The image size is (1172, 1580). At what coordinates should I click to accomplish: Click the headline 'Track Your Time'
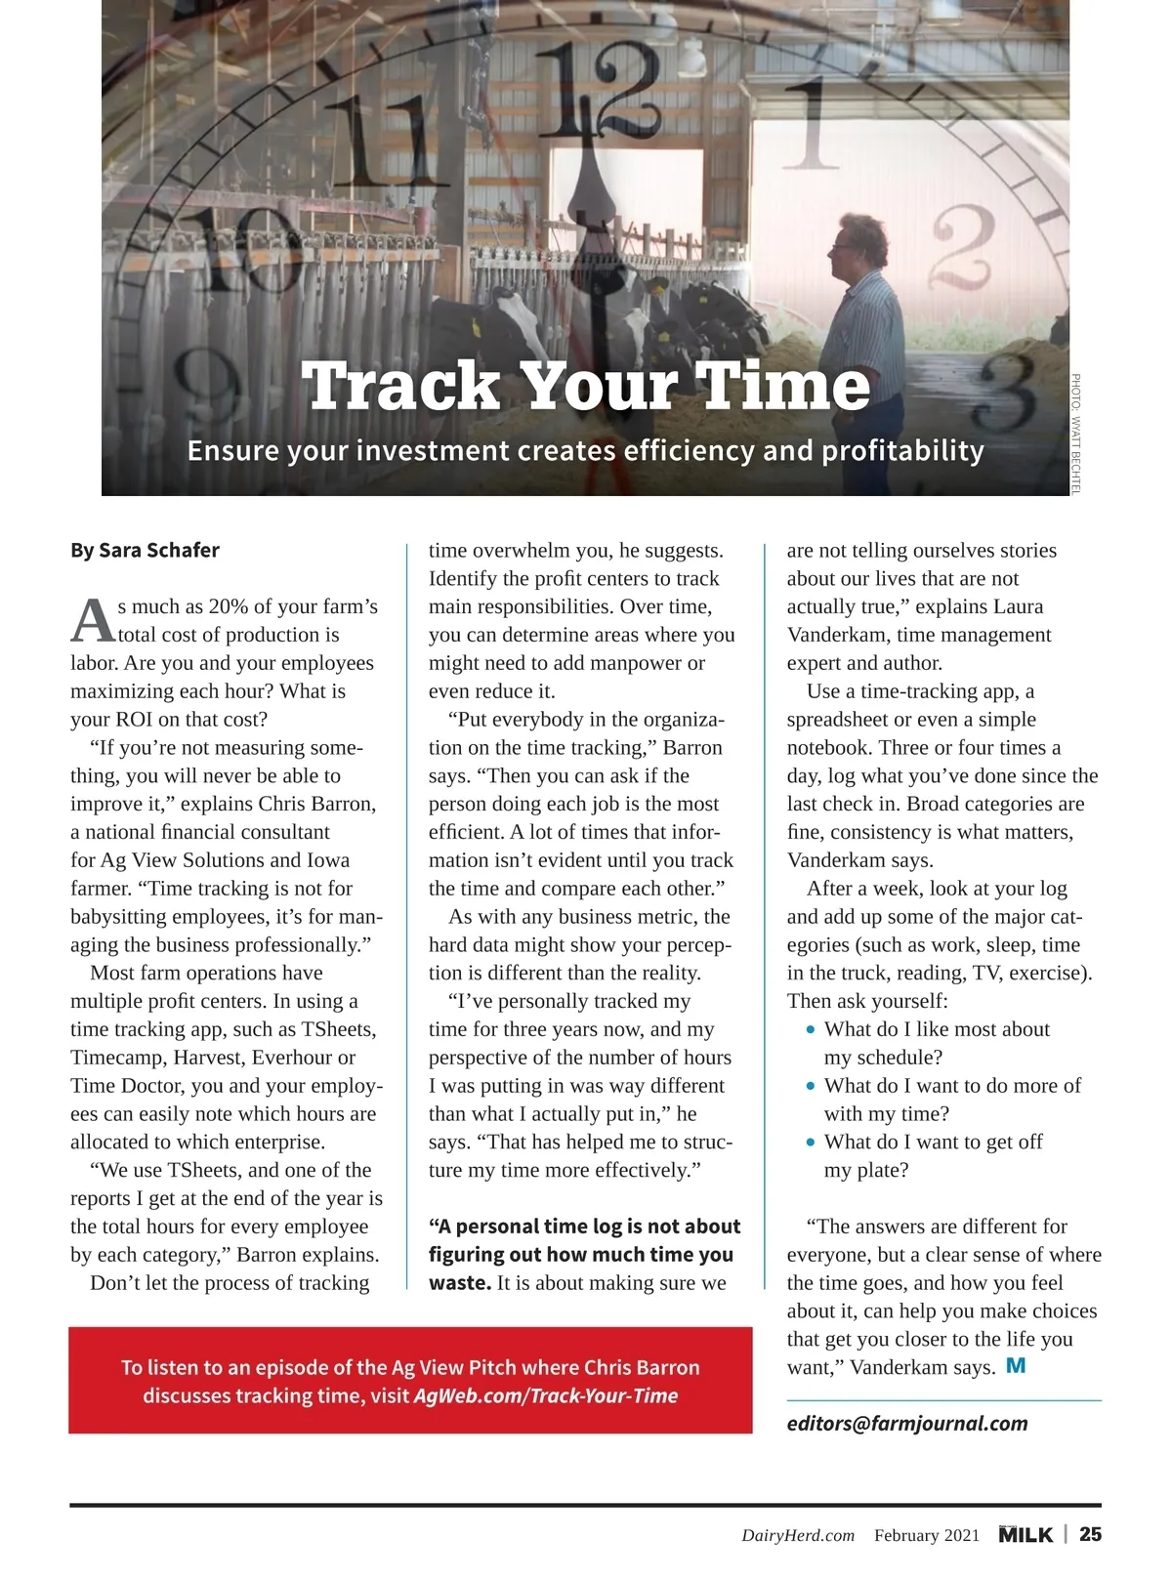click(x=586, y=386)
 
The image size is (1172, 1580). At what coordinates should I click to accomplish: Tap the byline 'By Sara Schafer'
click(x=145, y=550)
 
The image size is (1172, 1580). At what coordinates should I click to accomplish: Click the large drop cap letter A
click(x=92, y=620)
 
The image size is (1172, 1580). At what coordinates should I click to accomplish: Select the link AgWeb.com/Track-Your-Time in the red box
click(x=545, y=1395)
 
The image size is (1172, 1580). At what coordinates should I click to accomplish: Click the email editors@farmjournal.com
click(x=907, y=1423)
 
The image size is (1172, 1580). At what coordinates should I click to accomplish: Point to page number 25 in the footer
click(x=1090, y=1534)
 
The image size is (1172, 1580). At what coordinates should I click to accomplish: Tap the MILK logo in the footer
click(x=1025, y=1534)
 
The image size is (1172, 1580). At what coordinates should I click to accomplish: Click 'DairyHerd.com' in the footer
click(x=797, y=1535)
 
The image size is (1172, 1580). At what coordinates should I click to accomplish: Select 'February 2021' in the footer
click(x=926, y=1535)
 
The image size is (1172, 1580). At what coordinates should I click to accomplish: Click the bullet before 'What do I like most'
click(x=811, y=1030)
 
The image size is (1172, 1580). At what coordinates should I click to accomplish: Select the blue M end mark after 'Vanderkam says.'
click(x=1016, y=1365)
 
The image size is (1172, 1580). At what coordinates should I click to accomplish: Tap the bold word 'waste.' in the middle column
click(x=459, y=1282)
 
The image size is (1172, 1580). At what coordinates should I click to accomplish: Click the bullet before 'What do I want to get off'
click(x=811, y=1143)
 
